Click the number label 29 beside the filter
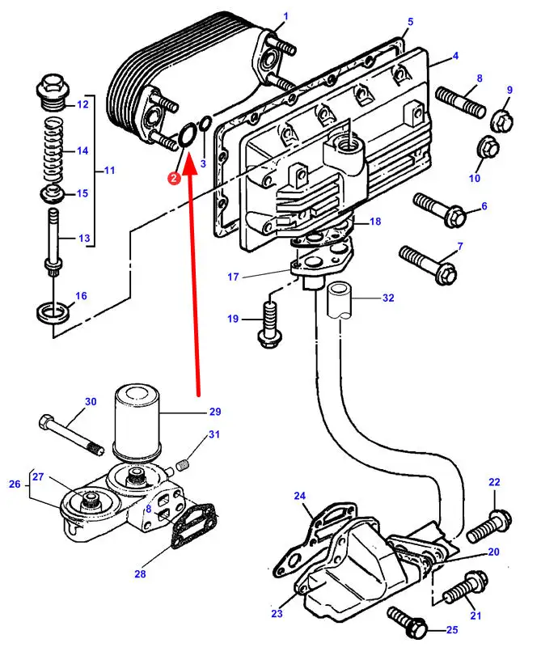point(214,412)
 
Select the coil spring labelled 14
point(53,150)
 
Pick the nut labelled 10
point(489,148)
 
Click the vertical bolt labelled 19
point(269,320)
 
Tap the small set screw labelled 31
point(183,464)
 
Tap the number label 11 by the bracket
point(110,171)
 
